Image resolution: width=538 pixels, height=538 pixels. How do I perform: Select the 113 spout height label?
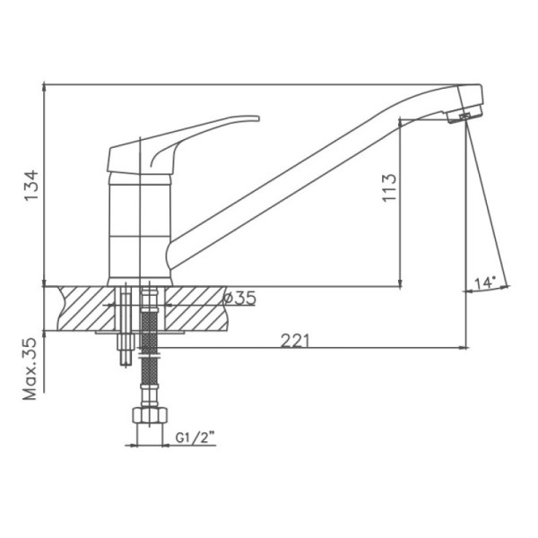coord(389,188)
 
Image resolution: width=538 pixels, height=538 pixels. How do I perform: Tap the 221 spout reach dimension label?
coord(295,341)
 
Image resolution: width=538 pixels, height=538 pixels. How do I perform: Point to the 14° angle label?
coord(485,283)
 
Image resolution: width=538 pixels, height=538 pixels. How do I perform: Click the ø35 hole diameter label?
coord(239,298)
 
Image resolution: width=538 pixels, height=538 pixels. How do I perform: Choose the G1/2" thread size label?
coord(195,438)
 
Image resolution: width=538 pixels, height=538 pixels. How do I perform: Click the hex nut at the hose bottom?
coord(150,415)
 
